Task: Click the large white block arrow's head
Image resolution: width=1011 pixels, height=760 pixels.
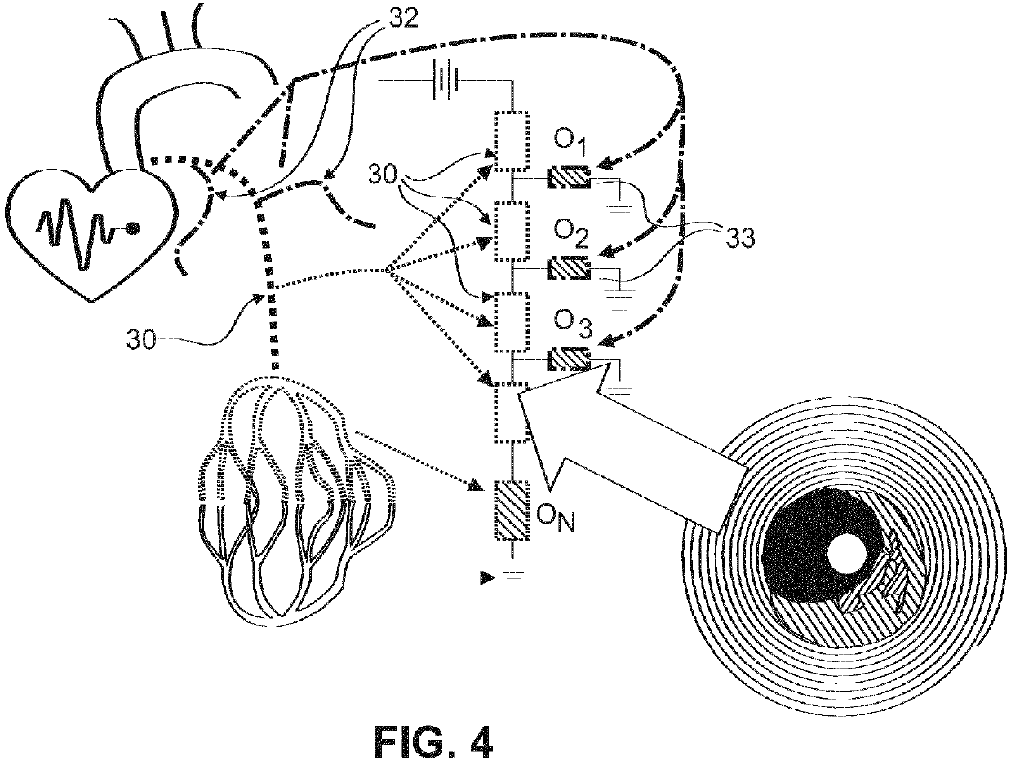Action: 539,408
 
